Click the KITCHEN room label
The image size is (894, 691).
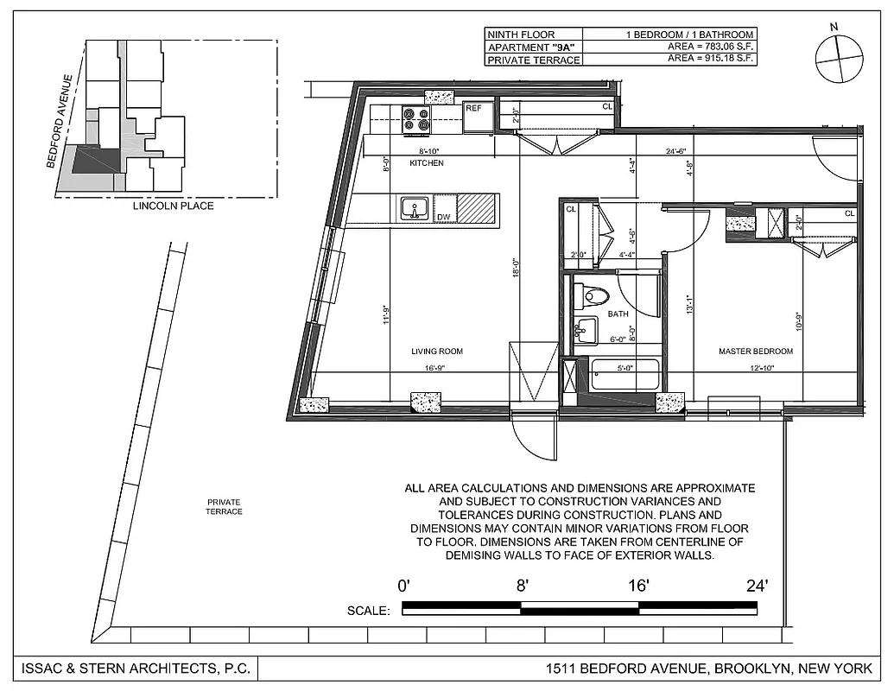click(427, 163)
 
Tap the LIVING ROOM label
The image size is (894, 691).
click(437, 352)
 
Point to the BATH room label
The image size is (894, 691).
click(617, 314)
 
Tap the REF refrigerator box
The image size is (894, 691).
click(478, 117)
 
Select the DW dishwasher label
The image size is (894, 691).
click(443, 217)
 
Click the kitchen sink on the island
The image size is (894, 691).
click(414, 208)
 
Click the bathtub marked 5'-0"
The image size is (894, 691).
click(625, 379)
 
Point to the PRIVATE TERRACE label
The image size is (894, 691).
click(224, 507)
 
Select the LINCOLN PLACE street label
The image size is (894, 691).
click(173, 206)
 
